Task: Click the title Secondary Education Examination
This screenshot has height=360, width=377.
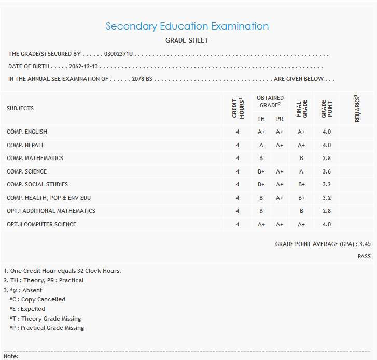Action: pyautogui.click(x=187, y=26)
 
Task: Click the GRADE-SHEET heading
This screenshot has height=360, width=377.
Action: pyautogui.click(x=187, y=40)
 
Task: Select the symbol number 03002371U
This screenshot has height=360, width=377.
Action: pyautogui.click(x=119, y=54)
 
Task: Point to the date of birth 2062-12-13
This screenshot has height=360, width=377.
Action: pyautogui.click(x=83, y=66)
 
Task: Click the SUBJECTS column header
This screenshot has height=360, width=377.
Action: pyautogui.click(x=20, y=108)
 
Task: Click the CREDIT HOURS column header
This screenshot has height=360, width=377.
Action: pyautogui.click(x=238, y=108)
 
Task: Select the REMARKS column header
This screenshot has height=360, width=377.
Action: pyautogui.click(x=357, y=108)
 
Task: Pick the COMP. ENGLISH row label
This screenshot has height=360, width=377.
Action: pyautogui.click(x=27, y=132)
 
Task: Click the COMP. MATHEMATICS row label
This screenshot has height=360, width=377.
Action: pyautogui.click(x=35, y=158)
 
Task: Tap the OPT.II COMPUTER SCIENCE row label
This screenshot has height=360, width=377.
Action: pyautogui.click(x=41, y=224)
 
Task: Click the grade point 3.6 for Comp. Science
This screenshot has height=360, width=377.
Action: pyautogui.click(x=327, y=171)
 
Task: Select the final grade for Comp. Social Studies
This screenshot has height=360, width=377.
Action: pyautogui.click(x=301, y=184)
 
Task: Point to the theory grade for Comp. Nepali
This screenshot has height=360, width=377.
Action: pyautogui.click(x=261, y=145)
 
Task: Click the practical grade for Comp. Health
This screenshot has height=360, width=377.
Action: pyautogui.click(x=280, y=198)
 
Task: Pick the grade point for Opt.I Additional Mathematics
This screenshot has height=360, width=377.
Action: pyautogui.click(x=327, y=211)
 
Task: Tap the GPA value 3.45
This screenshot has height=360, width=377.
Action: pyautogui.click(x=365, y=244)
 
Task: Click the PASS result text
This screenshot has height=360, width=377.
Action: pyautogui.click(x=364, y=256)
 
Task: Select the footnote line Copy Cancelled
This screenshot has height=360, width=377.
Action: pyautogui.click(x=37, y=299)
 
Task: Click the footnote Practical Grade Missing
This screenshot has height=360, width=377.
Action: pyautogui.click(x=47, y=328)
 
